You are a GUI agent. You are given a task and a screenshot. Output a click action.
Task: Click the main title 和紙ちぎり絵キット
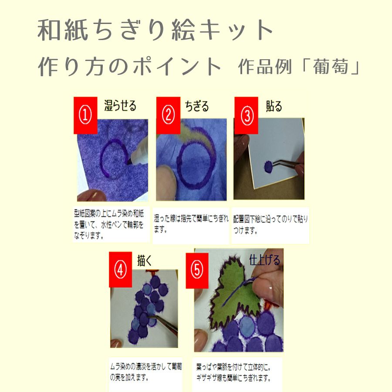click(x=156, y=30)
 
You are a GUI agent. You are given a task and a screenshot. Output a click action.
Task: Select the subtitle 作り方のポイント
click(x=130, y=67)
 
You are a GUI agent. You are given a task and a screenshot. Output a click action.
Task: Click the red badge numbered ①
click(x=84, y=115)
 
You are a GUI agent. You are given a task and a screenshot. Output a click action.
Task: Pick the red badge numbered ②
click(x=168, y=115)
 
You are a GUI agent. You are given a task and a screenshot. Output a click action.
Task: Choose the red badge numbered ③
click(x=247, y=115)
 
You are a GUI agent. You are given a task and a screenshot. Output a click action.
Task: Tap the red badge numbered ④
click(x=120, y=270)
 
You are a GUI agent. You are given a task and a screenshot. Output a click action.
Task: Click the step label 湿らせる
click(x=120, y=105)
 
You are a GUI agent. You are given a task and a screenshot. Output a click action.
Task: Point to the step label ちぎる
click(x=196, y=106)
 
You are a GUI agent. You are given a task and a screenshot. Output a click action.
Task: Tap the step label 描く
click(x=144, y=260)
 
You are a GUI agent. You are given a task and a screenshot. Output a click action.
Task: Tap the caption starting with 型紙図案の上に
click(x=111, y=224)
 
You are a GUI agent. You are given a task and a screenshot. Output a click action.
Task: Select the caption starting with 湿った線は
click(x=191, y=224)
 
